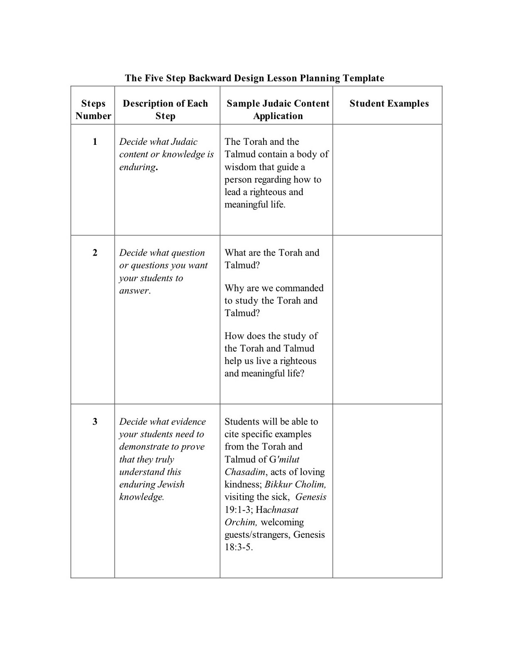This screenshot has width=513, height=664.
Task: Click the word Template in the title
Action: [363, 78]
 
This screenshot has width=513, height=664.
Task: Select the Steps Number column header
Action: [93, 110]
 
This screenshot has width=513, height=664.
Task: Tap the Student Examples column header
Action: [389, 103]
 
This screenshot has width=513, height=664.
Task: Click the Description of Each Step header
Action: [165, 110]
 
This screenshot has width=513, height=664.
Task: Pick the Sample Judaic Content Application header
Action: [278, 110]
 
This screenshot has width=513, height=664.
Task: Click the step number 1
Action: [95, 142]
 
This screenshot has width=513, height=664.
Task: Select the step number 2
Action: [95, 253]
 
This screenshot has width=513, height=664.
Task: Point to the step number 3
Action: [95, 422]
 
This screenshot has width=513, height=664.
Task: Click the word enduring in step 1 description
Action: [137, 167]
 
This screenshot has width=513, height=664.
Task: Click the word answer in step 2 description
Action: [134, 291]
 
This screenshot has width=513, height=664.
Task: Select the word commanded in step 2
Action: [299, 288]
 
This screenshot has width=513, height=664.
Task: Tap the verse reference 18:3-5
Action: [238, 547]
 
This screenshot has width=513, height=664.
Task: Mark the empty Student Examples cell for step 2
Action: [387, 320]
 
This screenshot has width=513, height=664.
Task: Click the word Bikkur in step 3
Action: [278, 485]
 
